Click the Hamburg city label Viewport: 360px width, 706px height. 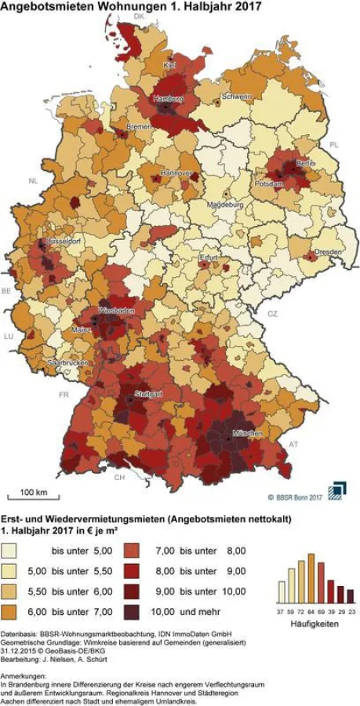tap(168, 99)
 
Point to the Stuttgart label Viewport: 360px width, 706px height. tap(147, 393)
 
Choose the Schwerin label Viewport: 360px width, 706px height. tap(238, 96)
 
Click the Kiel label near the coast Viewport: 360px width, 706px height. tap(170, 64)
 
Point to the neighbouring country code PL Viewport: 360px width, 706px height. tap(333, 145)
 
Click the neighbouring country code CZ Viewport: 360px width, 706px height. tap(272, 313)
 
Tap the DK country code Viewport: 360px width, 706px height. tap(140, 16)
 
